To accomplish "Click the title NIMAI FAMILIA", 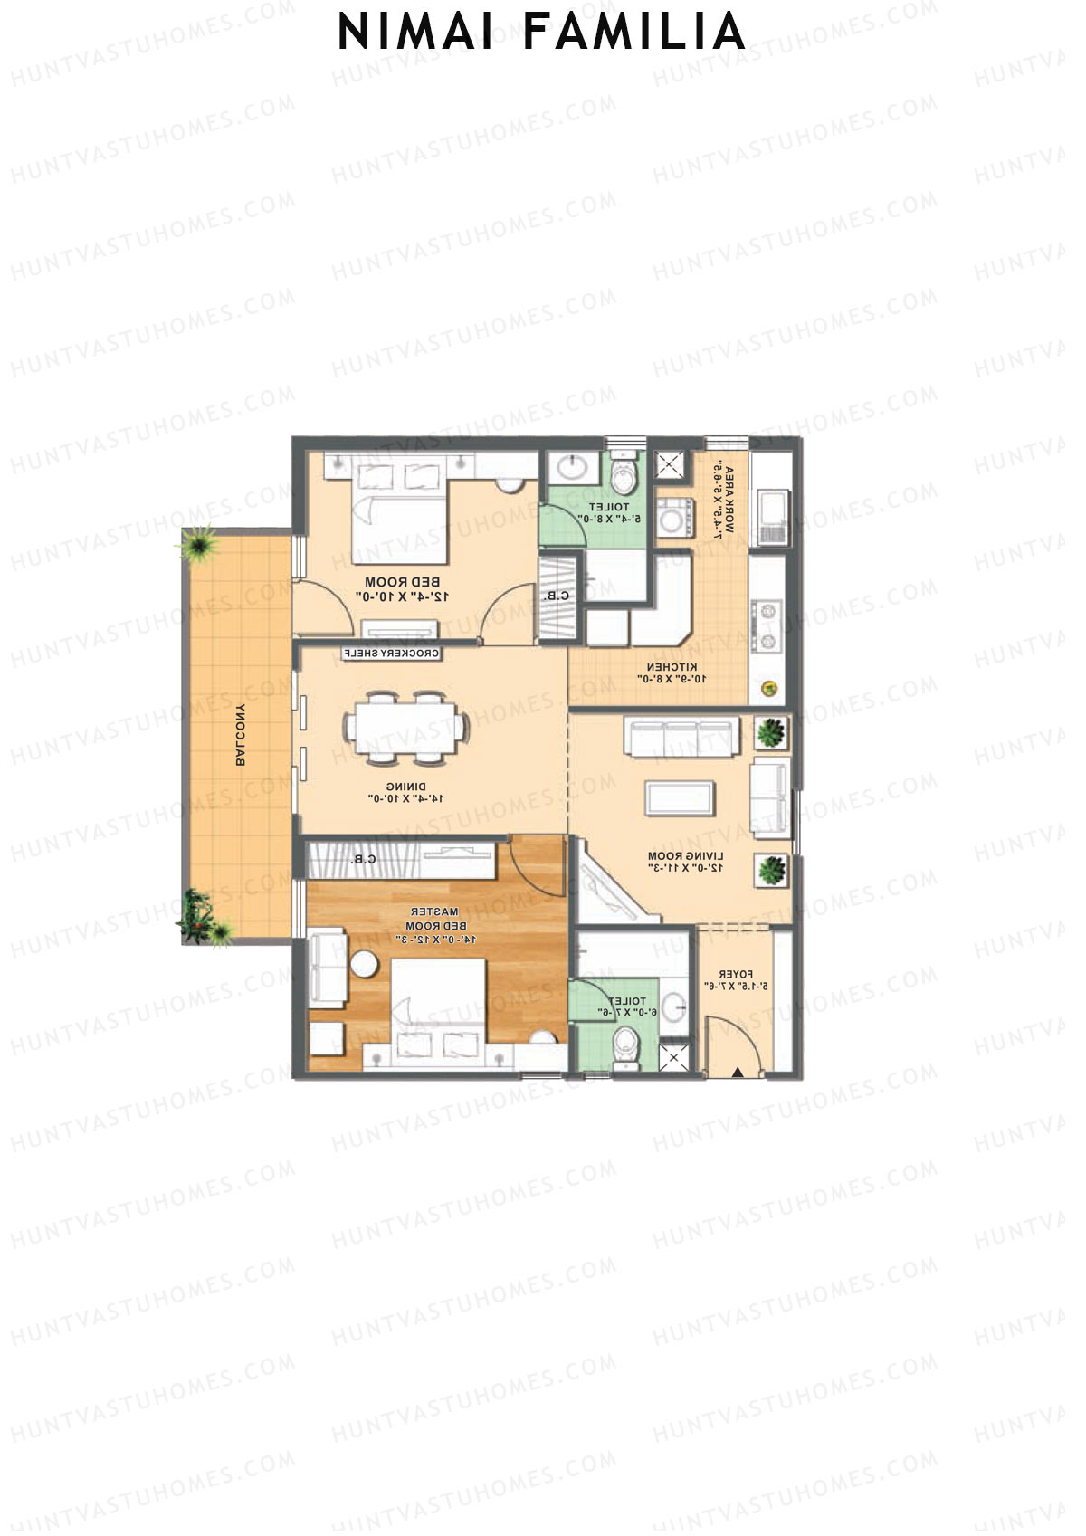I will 541,33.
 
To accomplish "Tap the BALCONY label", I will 241,734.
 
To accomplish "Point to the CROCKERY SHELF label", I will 391,653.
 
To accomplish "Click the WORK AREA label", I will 721,502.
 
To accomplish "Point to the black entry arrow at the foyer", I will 738,1073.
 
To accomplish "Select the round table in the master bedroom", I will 365,965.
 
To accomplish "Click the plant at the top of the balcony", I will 195,544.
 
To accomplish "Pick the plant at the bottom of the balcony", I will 201,917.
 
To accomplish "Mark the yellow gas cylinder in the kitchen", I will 770,689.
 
